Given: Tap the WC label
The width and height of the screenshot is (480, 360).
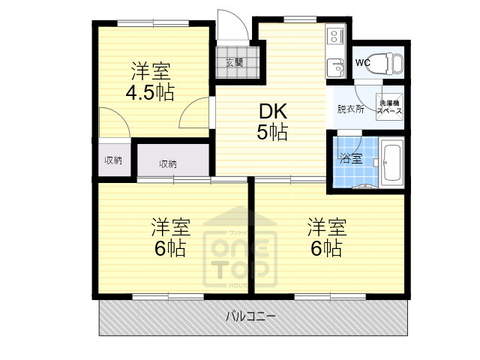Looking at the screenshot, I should click(362, 62).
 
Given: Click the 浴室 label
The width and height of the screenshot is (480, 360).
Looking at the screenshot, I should click(350, 158).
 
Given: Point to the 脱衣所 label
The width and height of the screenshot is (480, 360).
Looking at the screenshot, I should click(350, 109).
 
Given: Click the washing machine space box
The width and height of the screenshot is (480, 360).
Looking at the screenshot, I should click(389, 107).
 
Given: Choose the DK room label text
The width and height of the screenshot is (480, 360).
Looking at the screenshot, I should click(273, 111).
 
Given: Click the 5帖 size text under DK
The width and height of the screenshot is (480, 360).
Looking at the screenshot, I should click(273, 133).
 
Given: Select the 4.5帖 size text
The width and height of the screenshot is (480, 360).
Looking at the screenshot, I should click(150, 93).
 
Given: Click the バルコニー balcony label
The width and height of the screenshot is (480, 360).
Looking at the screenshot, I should click(250, 316).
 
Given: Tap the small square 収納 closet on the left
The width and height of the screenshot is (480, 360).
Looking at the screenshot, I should click(113, 160).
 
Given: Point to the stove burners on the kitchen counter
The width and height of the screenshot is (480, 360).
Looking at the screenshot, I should click(334, 34).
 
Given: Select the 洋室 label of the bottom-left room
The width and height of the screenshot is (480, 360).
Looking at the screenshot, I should click(170, 226).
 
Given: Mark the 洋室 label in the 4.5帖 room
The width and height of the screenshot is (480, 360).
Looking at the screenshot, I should click(150, 72).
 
